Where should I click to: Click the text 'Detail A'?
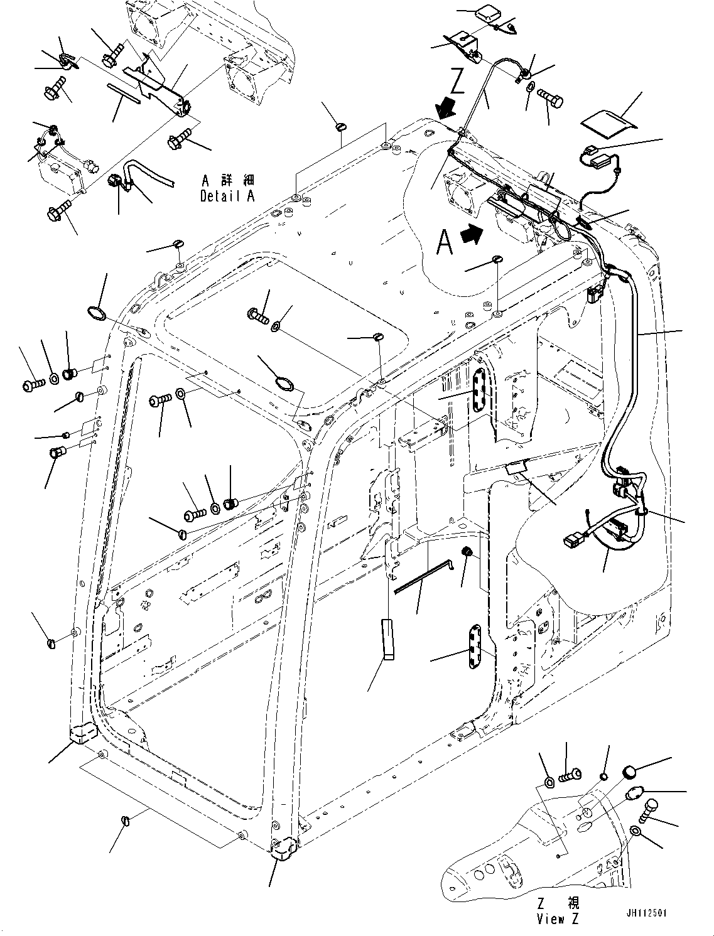pos(227,196)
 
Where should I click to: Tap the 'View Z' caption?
pos(558,918)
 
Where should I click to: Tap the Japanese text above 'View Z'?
pos(558,903)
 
